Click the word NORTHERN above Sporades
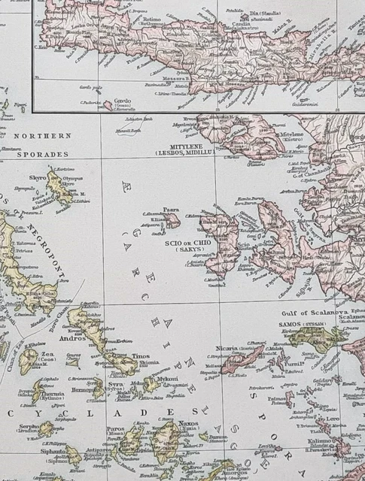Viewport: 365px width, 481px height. coord(41,136)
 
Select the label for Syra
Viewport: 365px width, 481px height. coord(115,384)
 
